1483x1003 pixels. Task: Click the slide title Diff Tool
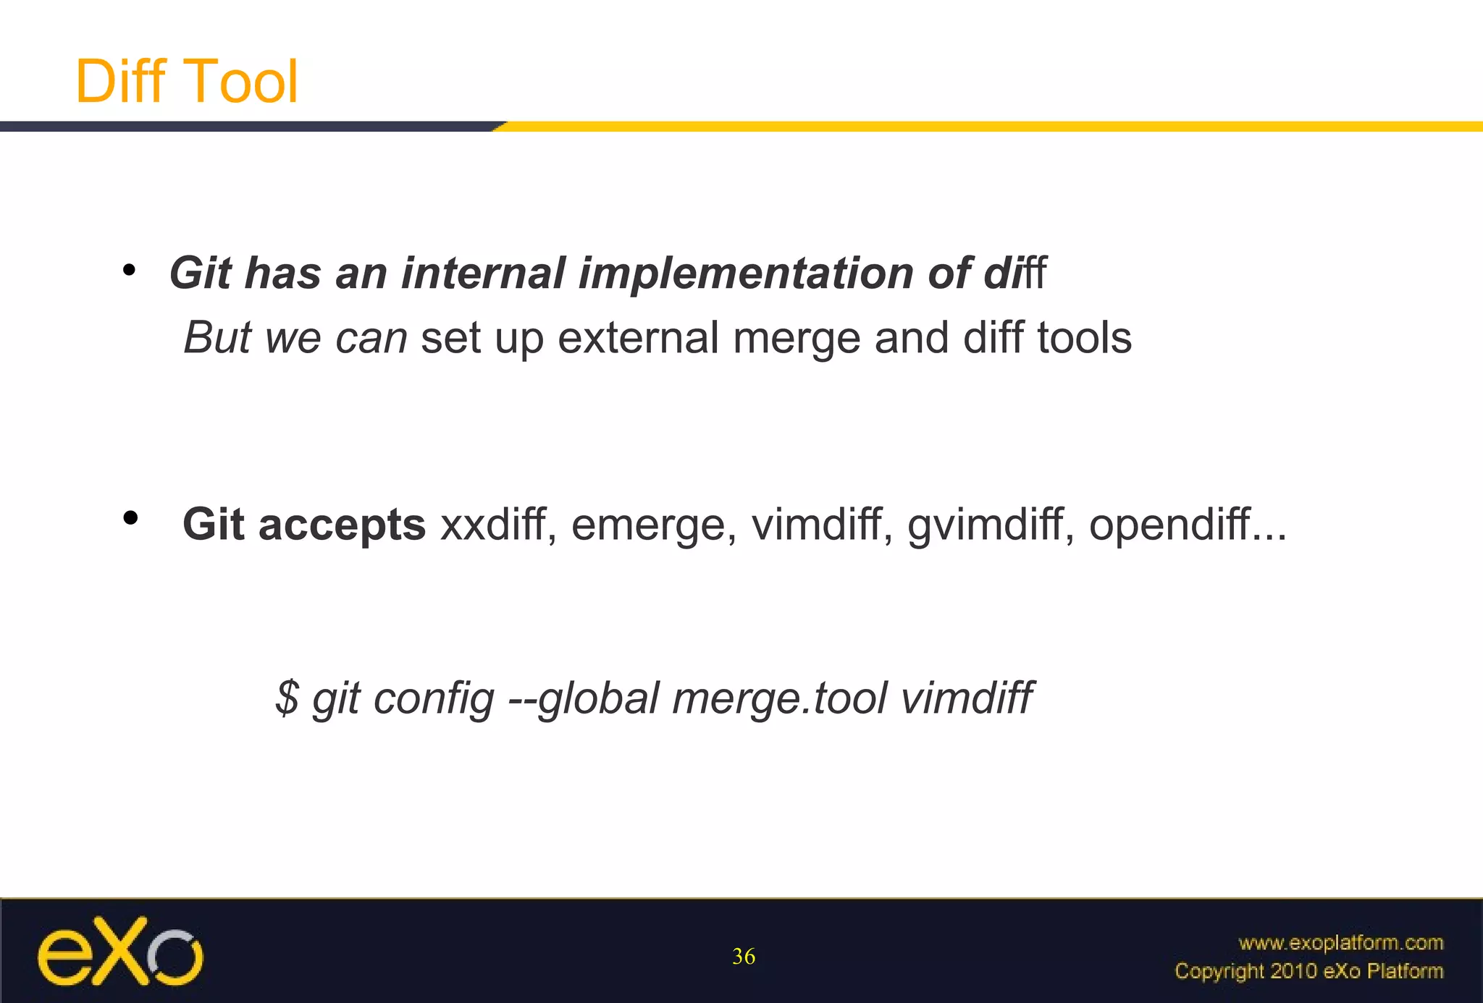coord(186,81)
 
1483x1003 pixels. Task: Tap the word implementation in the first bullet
coord(745,274)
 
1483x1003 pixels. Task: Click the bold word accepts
coord(342,525)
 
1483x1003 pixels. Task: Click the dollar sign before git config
coord(287,698)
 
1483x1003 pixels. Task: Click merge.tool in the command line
coord(779,699)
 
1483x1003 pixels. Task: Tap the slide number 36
coord(744,957)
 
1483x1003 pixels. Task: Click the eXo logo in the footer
coord(120,952)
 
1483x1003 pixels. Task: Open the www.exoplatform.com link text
coord(1340,943)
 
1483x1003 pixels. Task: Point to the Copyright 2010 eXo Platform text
coord(1308,971)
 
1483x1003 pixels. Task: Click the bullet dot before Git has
coord(129,271)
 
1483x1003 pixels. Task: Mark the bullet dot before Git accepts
coord(130,517)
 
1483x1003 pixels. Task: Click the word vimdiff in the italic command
coord(967,698)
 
